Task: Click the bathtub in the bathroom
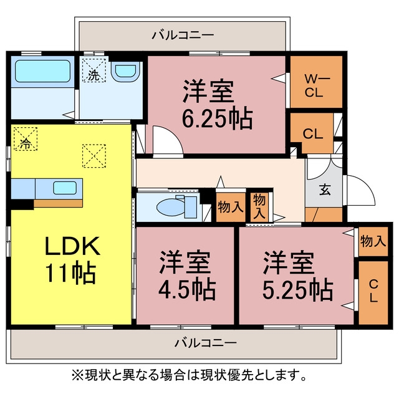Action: coord(42,71)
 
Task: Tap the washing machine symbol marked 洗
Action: coord(94,70)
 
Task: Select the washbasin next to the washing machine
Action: coord(125,71)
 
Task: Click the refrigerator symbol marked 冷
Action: coord(26,138)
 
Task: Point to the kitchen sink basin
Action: coord(65,188)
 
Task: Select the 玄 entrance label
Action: coord(325,190)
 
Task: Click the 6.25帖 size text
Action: coord(217,118)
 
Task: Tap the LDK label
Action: coord(72,246)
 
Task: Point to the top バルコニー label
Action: coord(183,35)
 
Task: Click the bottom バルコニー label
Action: coord(205,343)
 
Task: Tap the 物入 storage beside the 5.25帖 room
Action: coord(373,241)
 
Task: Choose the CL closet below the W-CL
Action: coord(313,133)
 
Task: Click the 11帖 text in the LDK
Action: coord(70,274)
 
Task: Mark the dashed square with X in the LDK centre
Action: coord(94,156)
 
